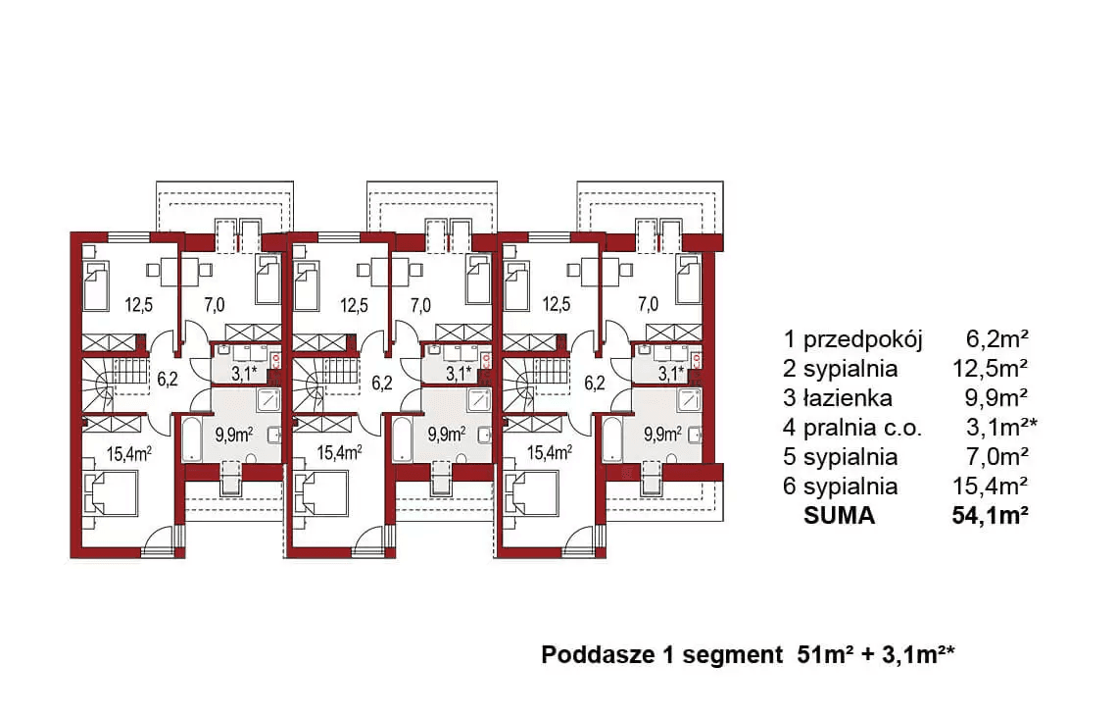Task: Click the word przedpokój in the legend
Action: click(x=863, y=340)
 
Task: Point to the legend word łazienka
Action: click(x=849, y=398)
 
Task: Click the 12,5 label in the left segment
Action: click(x=137, y=304)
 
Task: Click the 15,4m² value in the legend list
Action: click(x=990, y=487)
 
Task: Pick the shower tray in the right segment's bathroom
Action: click(x=690, y=398)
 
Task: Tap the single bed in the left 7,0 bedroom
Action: click(x=267, y=282)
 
